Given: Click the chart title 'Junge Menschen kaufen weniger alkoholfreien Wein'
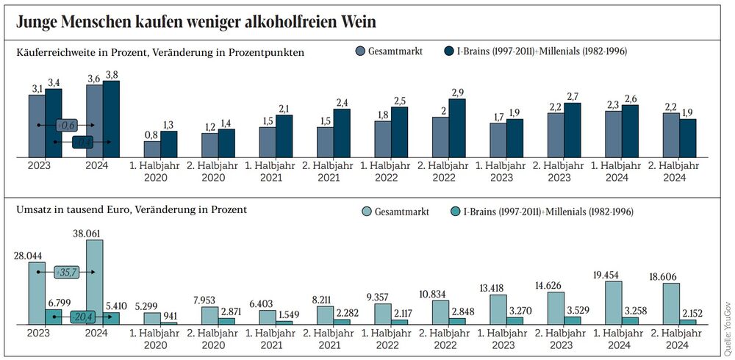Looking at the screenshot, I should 196,23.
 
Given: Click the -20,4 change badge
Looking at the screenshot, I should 82,317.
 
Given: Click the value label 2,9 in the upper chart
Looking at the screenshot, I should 456,93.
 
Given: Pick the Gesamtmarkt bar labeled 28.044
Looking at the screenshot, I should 37,293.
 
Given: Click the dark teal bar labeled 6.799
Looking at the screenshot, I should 54,317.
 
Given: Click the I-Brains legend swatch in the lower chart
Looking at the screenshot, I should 455,212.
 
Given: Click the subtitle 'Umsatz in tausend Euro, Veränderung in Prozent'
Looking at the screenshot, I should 131,209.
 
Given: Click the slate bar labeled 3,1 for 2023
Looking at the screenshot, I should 37,126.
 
